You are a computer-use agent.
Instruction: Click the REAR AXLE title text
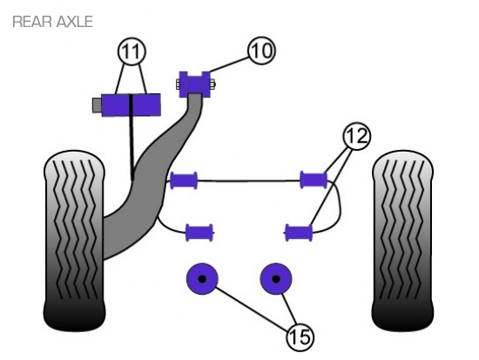point(52,22)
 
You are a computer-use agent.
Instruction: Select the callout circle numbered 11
point(132,51)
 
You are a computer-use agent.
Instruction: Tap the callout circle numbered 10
point(262,51)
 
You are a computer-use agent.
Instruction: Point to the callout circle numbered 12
point(357,136)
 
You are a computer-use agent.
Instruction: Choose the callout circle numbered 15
point(300,337)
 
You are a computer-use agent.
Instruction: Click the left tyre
point(74,240)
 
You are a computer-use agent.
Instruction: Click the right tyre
point(402,240)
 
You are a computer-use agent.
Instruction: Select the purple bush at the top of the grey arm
point(194,84)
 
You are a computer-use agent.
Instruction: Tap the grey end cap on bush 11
point(98,105)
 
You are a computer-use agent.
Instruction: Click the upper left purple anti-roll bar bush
point(184,180)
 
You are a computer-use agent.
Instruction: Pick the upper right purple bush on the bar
point(314,180)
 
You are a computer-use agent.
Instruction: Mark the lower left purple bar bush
point(199,233)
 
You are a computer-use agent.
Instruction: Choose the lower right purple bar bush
point(299,233)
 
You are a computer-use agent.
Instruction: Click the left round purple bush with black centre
point(202,279)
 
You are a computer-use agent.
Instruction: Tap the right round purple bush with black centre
point(276,279)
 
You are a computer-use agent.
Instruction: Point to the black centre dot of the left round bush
point(202,279)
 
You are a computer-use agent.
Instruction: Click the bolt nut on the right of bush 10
point(213,84)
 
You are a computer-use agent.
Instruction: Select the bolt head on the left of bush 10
point(178,84)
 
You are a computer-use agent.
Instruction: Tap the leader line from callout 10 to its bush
point(230,65)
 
